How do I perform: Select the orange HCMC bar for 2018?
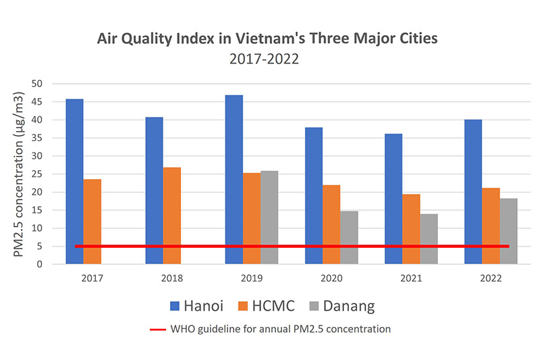coord(171,215)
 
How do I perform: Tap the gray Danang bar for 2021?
coord(429,239)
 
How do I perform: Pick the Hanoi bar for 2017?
coord(74,182)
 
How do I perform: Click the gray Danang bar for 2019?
coord(269,217)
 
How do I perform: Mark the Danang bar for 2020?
coord(349,237)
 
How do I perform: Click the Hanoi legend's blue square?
coord(172,306)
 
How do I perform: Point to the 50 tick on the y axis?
coord(38,84)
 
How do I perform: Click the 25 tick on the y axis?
coord(38,174)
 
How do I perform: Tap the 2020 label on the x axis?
coord(331,277)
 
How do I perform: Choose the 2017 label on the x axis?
coord(92,277)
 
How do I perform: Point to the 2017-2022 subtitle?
coord(265,59)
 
